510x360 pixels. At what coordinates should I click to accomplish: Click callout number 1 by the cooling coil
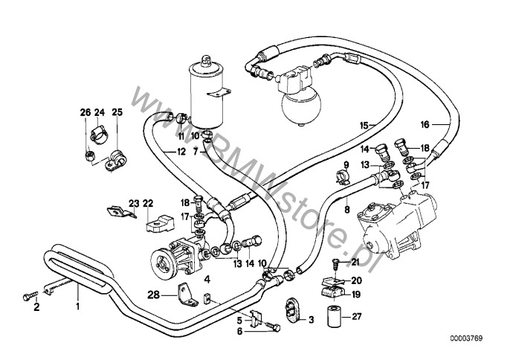click(76, 305)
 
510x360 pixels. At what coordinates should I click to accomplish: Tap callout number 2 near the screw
click(34, 305)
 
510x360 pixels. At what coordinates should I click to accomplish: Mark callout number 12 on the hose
click(181, 152)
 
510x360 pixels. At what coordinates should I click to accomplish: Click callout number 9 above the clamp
click(346, 164)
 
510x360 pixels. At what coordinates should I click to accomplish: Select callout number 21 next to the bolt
click(355, 261)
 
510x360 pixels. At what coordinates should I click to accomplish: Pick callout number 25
click(117, 112)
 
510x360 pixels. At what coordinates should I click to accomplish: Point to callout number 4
click(208, 280)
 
